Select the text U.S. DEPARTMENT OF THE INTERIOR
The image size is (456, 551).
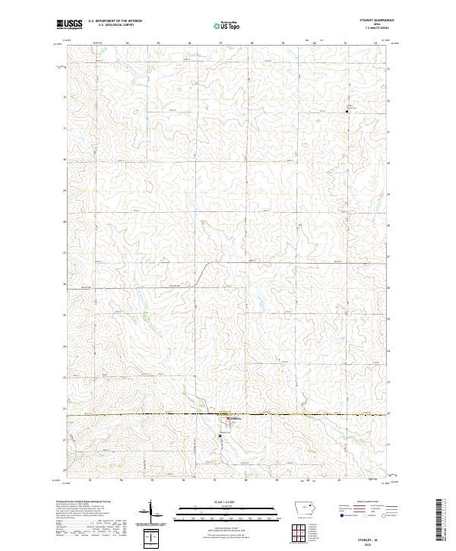tap(115, 22)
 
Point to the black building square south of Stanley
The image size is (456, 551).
tap(220, 435)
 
